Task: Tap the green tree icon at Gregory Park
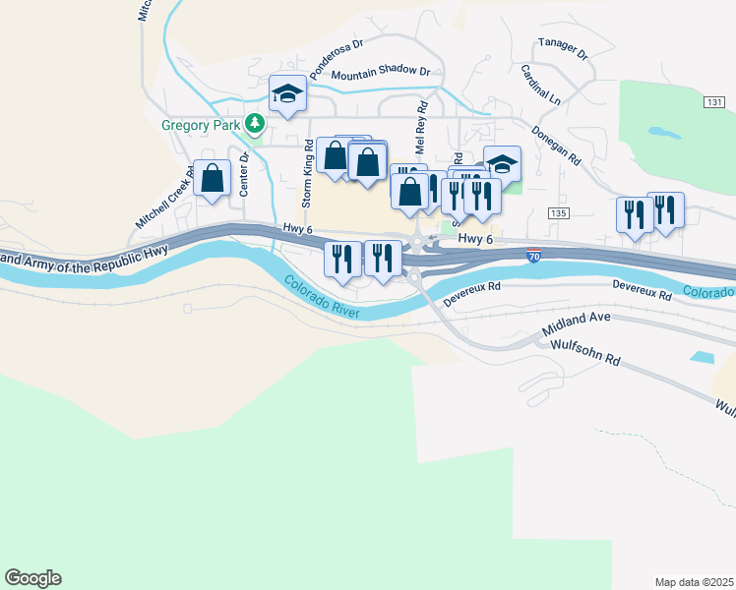point(256,124)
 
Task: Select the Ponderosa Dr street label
point(337,60)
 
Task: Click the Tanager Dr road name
point(562,48)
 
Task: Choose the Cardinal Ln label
point(541,86)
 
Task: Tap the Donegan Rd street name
point(557,145)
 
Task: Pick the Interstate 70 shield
point(533,256)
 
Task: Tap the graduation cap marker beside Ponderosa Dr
point(287,93)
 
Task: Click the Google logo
point(32,578)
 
